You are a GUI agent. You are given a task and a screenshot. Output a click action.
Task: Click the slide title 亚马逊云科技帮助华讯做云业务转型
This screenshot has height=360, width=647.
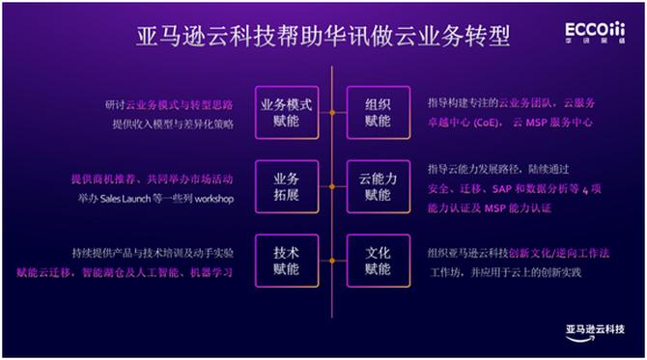tap(323, 37)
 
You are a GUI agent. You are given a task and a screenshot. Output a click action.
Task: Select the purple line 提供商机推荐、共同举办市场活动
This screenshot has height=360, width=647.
tap(152, 180)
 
